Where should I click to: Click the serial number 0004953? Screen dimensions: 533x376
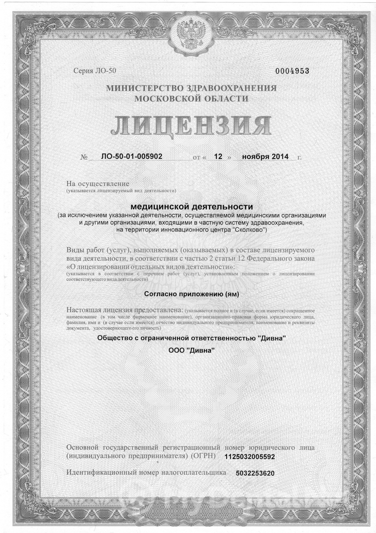(292, 71)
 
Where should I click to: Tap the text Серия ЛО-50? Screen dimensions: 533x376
(95, 71)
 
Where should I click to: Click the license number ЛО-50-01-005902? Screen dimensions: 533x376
(132, 156)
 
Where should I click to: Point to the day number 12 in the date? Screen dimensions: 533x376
(218, 156)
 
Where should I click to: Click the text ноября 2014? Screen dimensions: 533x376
(265, 156)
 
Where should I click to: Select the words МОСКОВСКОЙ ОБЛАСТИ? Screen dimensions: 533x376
(191, 99)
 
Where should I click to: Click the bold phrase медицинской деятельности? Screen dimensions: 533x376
(192, 206)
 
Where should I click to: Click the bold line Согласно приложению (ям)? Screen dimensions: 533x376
(191, 294)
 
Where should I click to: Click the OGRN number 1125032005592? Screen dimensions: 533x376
(249, 457)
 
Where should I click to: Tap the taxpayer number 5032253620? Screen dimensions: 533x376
(255, 473)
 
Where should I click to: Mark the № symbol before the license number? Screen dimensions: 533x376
(84, 157)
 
